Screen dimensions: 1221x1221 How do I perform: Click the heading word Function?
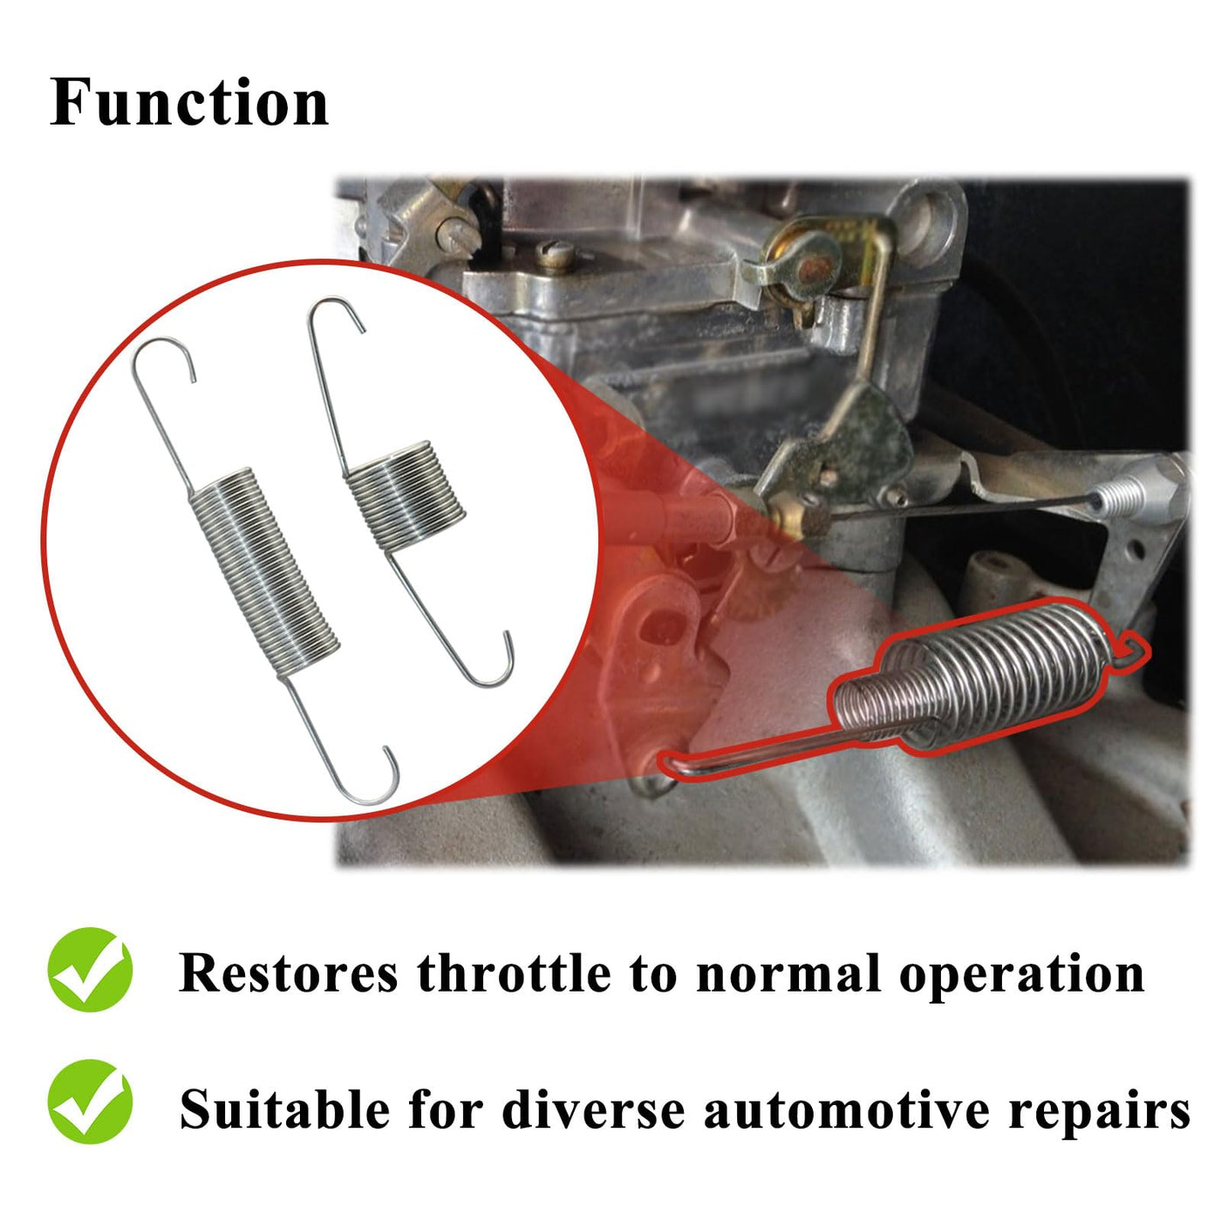(x=189, y=101)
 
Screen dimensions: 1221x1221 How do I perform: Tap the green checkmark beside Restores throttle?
(x=90, y=970)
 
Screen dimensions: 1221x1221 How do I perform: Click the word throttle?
(x=514, y=972)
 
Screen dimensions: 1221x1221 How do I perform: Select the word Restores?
(x=289, y=973)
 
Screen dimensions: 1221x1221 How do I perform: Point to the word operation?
(x=1021, y=977)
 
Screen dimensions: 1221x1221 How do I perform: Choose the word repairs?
(x=1100, y=1113)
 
